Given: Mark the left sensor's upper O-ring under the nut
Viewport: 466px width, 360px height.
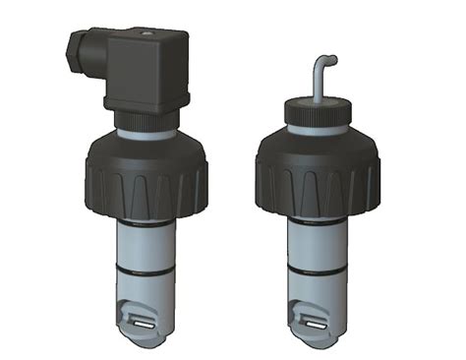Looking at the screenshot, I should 148,222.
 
